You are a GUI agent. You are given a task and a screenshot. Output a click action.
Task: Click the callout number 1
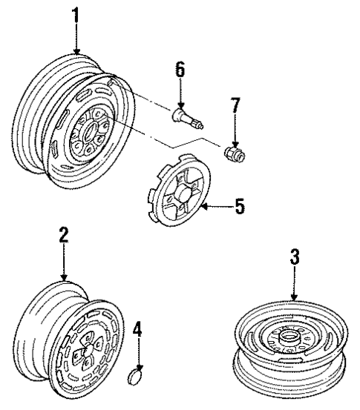click(75, 14)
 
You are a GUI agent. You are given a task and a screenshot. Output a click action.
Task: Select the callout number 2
click(64, 236)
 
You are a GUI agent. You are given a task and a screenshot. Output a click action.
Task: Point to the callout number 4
click(136, 327)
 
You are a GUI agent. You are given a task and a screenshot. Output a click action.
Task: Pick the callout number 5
click(239, 206)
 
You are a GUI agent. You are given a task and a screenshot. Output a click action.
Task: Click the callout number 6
click(179, 70)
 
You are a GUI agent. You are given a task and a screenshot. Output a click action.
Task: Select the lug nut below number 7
click(235, 152)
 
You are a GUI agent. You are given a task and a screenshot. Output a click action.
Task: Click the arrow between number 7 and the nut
click(235, 130)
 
